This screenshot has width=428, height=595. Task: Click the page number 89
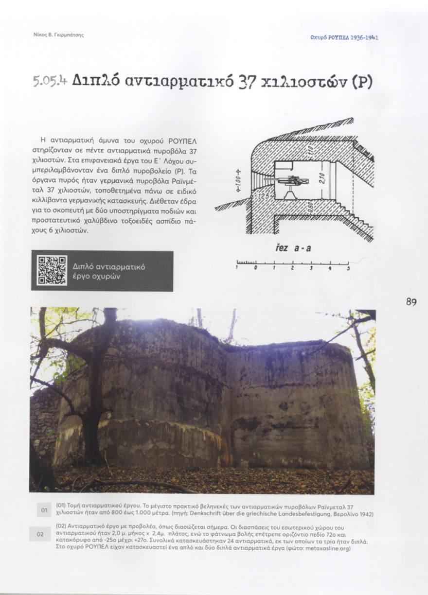[x=411, y=302]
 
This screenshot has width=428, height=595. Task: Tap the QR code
[x=52, y=270]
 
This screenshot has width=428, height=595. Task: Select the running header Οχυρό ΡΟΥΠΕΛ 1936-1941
[x=344, y=37]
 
